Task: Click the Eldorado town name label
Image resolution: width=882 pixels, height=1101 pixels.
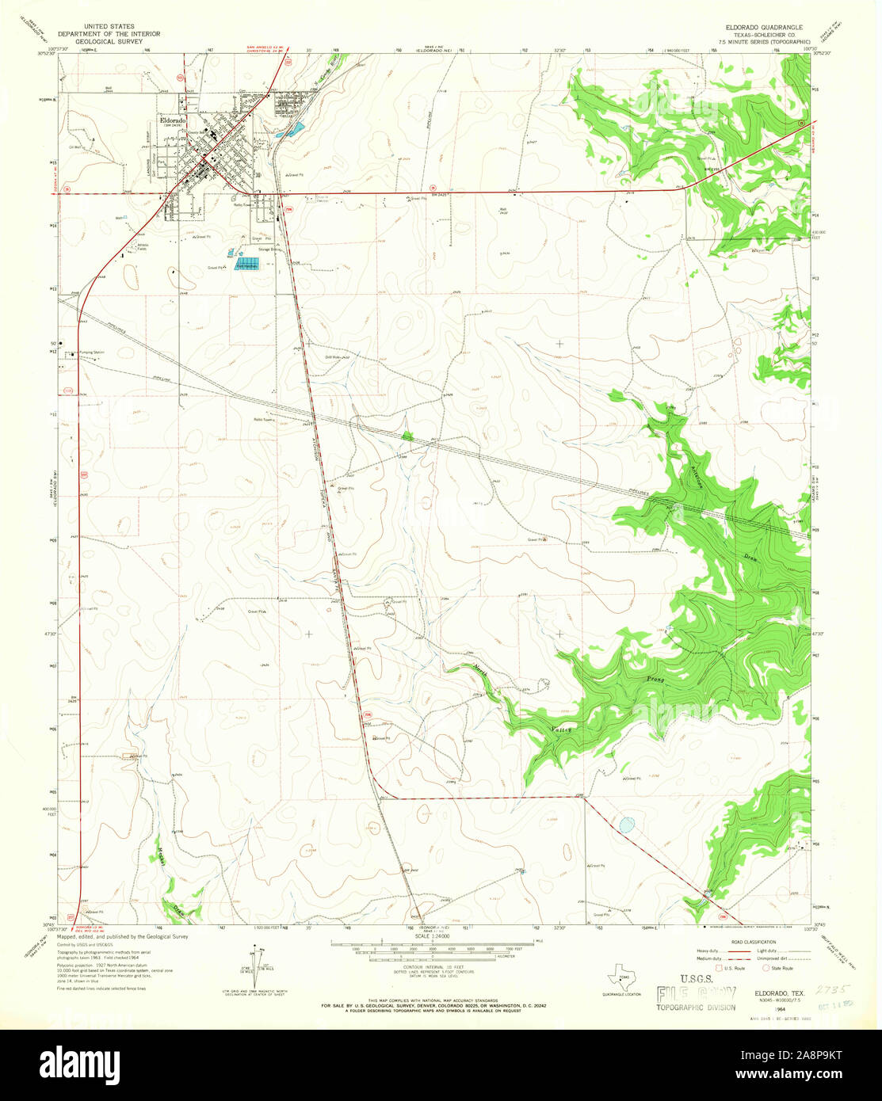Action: [x=172, y=120]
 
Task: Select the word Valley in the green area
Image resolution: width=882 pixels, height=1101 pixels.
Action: [x=560, y=725]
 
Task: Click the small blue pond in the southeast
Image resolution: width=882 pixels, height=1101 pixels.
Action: [x=626, y=825]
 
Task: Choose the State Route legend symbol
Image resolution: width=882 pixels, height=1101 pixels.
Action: [x=766, y=968]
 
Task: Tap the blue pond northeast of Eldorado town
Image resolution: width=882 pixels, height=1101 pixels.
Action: [x=293, y=129]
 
